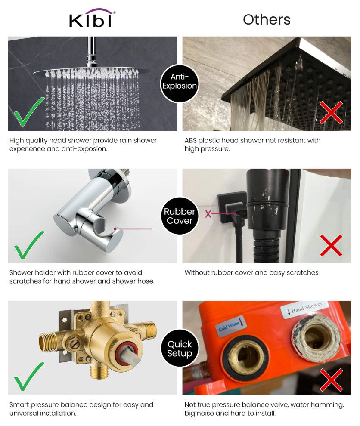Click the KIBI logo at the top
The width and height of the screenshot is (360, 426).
click(92, 18)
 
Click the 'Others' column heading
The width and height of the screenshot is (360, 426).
click(267, 19)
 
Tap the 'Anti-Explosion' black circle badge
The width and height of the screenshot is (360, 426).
click(180, 83)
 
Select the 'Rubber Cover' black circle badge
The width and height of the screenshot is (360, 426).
click(180, 216)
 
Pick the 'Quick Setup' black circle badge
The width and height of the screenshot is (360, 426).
click(180, 348)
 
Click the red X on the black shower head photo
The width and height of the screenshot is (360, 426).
click(331, 112)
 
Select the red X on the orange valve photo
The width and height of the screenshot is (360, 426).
click(331, 380)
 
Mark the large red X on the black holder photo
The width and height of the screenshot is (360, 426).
click(331, 246)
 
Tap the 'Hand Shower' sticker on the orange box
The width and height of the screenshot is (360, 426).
click(304, 309)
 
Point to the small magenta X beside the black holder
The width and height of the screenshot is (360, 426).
click(208, 214)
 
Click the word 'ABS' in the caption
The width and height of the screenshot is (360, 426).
click(191, 140)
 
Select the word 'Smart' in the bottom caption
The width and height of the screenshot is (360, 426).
click(19, 405)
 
